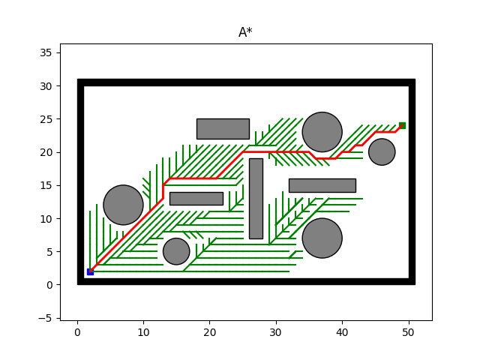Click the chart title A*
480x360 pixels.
(245, 32)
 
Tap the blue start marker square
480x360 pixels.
(90, 271)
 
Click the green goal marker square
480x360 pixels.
(402, 125)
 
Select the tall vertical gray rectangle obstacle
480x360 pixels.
(256, 198)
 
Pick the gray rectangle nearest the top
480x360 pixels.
(223, 128)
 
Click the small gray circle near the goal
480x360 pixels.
(382, 151)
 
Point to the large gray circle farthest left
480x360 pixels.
(123, 205)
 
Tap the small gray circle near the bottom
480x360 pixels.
(176, 251)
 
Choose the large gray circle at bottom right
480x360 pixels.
(322, 238)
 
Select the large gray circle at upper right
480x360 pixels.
(322, 132)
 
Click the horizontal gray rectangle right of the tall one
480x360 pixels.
(322, 185)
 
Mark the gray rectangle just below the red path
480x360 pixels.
(196, 199)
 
